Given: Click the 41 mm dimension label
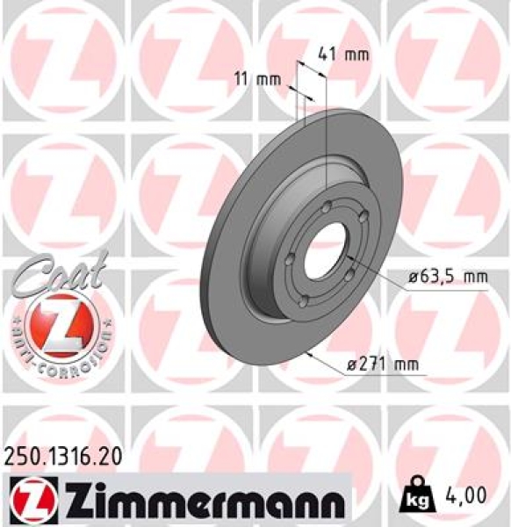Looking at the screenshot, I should (341, 54).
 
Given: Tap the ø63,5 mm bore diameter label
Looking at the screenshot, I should (447, 278).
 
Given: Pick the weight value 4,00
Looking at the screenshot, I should (466, 496).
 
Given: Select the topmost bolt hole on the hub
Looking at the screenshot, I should (327, 207).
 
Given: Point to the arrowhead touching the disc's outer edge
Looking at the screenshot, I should (309, 353).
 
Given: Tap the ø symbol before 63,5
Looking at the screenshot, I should (412, 278).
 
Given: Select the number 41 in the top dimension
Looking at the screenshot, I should (327, 54).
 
